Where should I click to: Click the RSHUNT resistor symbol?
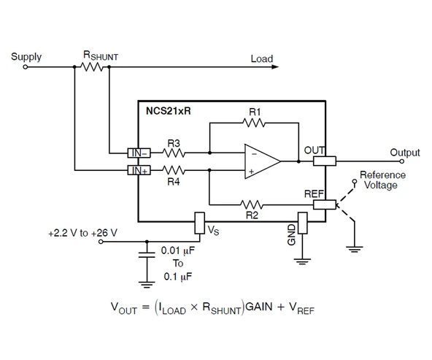click(91, 67)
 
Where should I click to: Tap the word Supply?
click(26, 56)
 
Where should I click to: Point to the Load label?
click(261, 58)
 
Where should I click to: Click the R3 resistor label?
click(173, 143)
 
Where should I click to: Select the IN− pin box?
click(138, 153)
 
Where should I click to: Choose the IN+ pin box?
click(138, 170)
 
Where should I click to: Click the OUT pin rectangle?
click(323, 161)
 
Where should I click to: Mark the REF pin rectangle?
click(323, 205)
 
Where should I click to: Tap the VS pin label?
click(213, 231)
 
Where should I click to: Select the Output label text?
click(404, 153)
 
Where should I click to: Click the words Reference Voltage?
click(382, 180)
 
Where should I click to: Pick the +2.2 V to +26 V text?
click(82, 233)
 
